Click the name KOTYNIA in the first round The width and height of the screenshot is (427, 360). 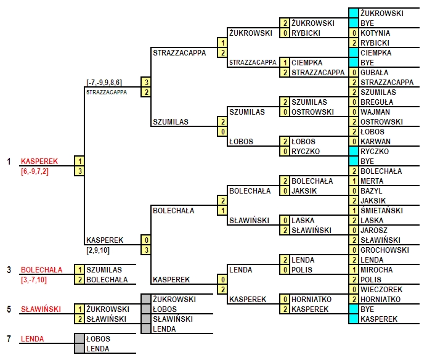coord(375,33)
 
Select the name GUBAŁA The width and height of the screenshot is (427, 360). coord(374,73)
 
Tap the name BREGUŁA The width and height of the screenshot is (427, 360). coord(376,102)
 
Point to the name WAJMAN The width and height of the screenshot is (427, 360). coord(375,112)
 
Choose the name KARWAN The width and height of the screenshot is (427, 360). coord(375,141)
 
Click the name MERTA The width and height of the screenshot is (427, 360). coord(372,181)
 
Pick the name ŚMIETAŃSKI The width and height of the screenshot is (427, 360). coord(381,210)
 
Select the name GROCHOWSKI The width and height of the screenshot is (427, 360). coord(384,250)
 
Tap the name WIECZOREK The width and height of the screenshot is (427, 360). coord(381,289)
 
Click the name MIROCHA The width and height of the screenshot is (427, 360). coord(376,270)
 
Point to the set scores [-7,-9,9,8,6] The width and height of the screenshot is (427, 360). coord(104,83)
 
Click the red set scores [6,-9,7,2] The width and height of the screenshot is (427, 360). coord(35,171)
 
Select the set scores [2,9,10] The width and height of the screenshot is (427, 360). coord(98,250)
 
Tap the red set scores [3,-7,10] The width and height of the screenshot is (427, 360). coord(34,280)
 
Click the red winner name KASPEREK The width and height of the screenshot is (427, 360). coord(39,162)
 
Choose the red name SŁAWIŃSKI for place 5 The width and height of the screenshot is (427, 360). coord(41,309)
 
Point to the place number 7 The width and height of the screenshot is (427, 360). coord(9,339)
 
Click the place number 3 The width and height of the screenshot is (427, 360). coord(9,270)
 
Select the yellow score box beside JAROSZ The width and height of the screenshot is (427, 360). coord(354,231)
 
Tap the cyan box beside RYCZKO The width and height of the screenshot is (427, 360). coord(354,151)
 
